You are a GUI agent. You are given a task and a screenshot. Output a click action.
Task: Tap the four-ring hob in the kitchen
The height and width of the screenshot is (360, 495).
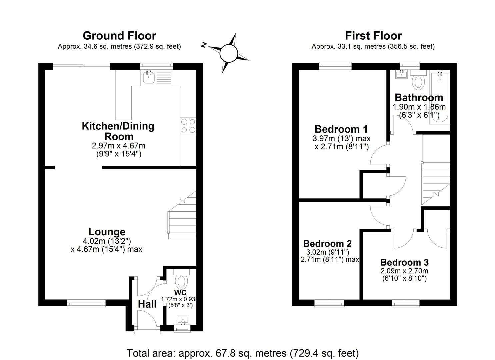tap(188, 126)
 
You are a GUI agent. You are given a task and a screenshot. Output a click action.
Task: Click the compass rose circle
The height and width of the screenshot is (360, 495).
tap(229, 53)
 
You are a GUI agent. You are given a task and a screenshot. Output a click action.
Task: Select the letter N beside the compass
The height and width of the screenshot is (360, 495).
tap(204, 45)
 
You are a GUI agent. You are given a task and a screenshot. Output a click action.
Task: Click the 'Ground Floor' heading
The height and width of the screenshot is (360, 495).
tap(119, 36)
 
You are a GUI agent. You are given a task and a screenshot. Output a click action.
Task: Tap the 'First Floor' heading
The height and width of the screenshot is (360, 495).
tap(373, 36)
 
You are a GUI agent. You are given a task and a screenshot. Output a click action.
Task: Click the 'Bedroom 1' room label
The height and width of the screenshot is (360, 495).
tap(341, 129)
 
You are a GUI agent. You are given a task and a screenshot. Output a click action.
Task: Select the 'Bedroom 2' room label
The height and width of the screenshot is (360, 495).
tap(327, 243)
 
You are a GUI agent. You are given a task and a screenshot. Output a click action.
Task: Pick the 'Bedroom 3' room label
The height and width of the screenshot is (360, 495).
tap(404, 262)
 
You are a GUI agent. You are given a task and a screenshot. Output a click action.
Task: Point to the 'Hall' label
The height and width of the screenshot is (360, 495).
tap(147, 304)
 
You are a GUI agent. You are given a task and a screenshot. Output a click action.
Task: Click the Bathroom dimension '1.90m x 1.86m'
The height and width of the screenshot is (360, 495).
tap(419, 107)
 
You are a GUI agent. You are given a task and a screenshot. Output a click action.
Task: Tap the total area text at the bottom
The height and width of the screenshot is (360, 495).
tap(243, 353)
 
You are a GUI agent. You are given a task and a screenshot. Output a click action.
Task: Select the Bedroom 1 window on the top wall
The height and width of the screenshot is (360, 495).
tap(335, 66)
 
